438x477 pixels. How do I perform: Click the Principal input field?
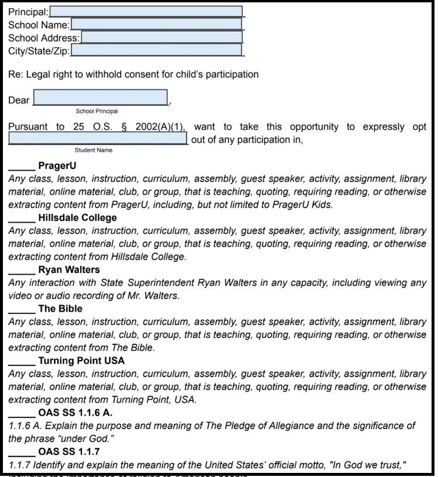146,12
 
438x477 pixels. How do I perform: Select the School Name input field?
156,25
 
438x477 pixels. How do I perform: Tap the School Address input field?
161,37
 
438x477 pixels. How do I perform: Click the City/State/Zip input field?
156,50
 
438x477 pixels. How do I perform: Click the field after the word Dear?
101,98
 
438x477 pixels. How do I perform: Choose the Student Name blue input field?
98,139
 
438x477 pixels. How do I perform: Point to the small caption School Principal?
96,111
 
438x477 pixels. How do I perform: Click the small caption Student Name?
93,150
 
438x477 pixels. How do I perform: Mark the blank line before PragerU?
22,166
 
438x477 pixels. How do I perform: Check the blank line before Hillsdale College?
22,218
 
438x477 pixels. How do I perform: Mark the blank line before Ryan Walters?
22,270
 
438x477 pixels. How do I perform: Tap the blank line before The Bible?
22,309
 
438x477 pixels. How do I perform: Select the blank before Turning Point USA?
22,361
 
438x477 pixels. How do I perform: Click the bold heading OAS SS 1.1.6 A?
75,413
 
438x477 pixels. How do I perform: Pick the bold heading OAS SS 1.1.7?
69,452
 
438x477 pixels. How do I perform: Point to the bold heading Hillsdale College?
77,218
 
